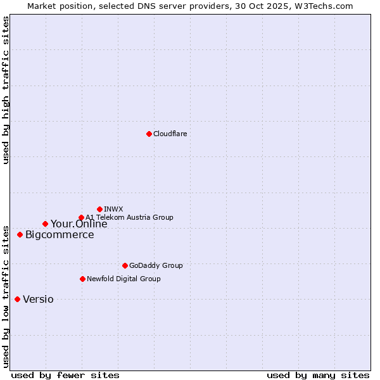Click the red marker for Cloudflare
pos(149,134)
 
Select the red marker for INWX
pos(99,209)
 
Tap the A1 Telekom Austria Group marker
pos(81,218)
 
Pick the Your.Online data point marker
pos(45,224)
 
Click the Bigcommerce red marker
pos(20,235)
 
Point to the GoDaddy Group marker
pos(125,265)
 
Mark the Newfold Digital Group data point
pos(82,279)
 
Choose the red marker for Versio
pos(17,299)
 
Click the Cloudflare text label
pos(170,134)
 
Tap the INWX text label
pos(113,209)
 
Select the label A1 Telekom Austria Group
pos(129,218)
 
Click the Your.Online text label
pos(79,224)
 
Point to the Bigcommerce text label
pos(60,235)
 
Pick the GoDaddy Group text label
pos(156,266)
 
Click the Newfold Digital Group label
pos(123,279)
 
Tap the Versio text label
pos(38,300)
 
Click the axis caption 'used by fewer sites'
pos(65,375)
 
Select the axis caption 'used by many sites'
pos(318,375)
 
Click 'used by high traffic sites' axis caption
pos(6,90)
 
